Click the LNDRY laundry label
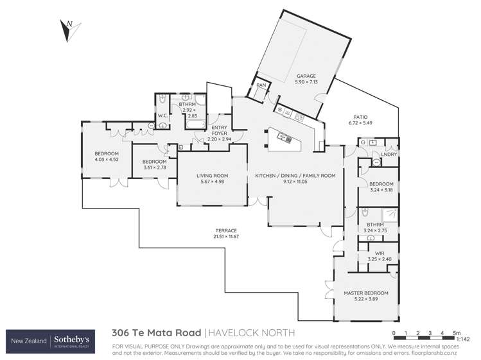(x=387, y=154)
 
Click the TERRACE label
(x=226, y=230)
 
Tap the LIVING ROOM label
(x=212, y=175)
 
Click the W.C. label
(x=162, y=116)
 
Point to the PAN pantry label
(x=261, y=85)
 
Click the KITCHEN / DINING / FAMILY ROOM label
(x=295, y=175)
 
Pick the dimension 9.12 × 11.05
(x=295, y=182)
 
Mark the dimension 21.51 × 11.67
(x=226, y=237)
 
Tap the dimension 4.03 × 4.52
(x=107, y=160)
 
